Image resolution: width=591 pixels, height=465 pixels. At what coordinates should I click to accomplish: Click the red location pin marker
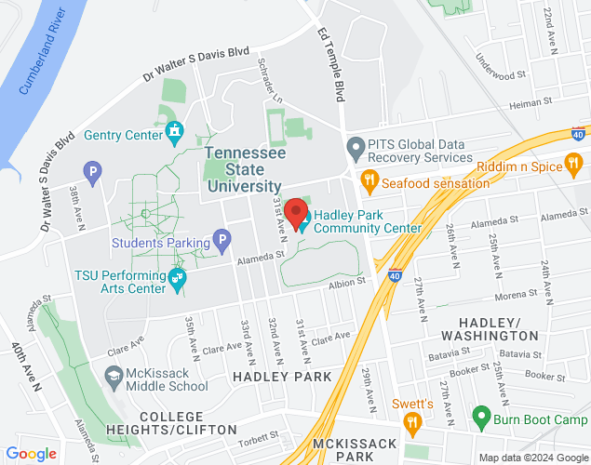[296, 213]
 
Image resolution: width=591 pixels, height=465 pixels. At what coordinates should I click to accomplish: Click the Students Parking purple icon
[222, 243]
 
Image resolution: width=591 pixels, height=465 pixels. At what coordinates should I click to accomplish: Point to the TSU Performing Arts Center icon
[178, 276]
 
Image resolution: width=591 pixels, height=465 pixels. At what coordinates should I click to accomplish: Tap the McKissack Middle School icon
[114, 377]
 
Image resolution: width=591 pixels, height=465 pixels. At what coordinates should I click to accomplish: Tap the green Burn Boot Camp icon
[481, 415]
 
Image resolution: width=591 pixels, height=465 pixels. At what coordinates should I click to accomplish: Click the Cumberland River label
[51, 61]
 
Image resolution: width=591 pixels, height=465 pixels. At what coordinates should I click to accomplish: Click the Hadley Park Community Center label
[367, 221]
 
